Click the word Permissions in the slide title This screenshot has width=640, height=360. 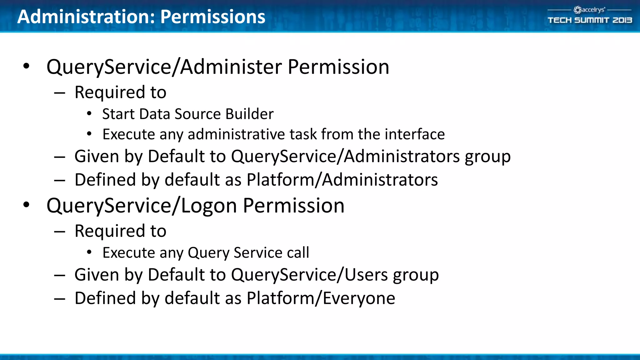point(213,17)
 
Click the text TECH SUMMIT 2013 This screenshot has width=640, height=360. point(590,20)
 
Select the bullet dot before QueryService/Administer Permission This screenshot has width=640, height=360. point(27,66)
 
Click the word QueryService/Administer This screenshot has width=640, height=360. point(164,67)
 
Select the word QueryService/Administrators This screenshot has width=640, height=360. point(345,156)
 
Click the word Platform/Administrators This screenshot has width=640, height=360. point(342,180)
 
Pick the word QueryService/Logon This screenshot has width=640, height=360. point(142,206)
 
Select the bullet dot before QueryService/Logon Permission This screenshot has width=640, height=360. point(27,205)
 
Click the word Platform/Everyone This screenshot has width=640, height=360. point(321,298)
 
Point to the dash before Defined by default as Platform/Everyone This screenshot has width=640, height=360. point(59,299)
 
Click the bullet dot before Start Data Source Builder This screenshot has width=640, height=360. point(89,114)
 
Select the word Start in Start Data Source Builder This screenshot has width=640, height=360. point(118,114)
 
